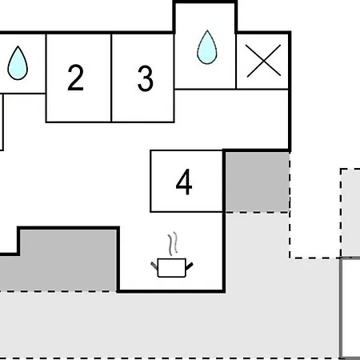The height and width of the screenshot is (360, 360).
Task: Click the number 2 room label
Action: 76,78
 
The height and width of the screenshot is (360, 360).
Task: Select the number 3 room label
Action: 146,78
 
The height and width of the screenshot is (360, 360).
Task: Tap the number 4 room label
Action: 184,182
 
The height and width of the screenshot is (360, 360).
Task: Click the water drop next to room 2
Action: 18,63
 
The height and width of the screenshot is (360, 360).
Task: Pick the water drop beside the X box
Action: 207,47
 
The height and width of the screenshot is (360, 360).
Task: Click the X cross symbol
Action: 263,61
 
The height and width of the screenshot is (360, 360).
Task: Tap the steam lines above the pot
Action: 173,244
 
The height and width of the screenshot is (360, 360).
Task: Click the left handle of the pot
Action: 154,266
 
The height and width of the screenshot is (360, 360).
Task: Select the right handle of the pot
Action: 189,266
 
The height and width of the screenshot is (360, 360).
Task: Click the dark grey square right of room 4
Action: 258,182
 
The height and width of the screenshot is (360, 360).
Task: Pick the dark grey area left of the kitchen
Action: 58,265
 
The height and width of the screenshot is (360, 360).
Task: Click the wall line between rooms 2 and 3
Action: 111,78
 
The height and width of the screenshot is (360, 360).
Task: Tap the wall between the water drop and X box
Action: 236,62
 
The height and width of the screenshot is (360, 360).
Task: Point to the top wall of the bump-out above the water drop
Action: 205,2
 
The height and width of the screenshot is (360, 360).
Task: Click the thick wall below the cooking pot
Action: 171,291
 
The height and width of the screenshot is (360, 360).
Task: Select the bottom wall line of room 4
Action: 186,212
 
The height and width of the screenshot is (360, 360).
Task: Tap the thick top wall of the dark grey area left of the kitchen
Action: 68,228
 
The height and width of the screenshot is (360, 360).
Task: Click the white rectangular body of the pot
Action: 172,268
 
